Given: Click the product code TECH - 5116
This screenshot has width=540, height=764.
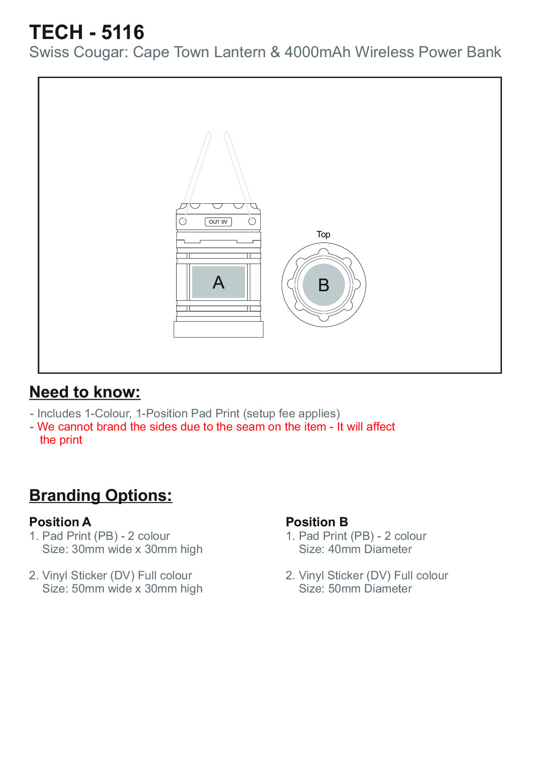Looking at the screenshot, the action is pyautogui.click(x=87, y=32).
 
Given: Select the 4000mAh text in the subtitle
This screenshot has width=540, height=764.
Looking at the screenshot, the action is pyautogui.click(x=317, y=52).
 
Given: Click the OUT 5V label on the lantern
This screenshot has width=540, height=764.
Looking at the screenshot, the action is pyautogui.click(x=218, y=222).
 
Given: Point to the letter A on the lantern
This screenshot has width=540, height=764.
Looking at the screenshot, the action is pyautogui.click(x=219, y=282).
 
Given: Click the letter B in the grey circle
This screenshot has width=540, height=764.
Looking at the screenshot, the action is pyautogui.click(x=324, y=285).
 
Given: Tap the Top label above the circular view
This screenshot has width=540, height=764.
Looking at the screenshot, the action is pyautogui.click(x=323, y=234).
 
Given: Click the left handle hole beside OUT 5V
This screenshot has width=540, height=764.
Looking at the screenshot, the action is pyautogui.click(x=183, y=221).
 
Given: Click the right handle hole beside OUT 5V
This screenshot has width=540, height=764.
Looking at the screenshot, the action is pyautogui.click(x=252, y=221).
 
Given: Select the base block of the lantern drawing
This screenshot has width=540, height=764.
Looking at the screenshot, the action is pyautogui.click(x=219, y=329).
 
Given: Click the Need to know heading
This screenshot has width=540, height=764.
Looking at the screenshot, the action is pyautogui.click(x=85, y=392).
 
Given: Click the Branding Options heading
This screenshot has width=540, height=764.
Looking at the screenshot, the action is pyautogui.click(x=101, y=495).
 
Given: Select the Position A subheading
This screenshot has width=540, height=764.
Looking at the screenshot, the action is pyautogui.click(x=60, y=522).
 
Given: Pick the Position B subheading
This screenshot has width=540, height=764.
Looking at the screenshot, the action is pyautogui.click(x=317, y=522).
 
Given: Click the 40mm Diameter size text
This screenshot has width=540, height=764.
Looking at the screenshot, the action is pyautogui.click(x=370, y=549).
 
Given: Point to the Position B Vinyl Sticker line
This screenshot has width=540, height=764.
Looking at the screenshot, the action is pyautogui.click(x=367, y=575).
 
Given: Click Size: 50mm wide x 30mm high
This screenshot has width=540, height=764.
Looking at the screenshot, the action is pyautogui.click(x=122, y=589).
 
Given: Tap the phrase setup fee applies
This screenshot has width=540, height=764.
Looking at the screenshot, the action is pyautogui.click(x=291, y=413).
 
